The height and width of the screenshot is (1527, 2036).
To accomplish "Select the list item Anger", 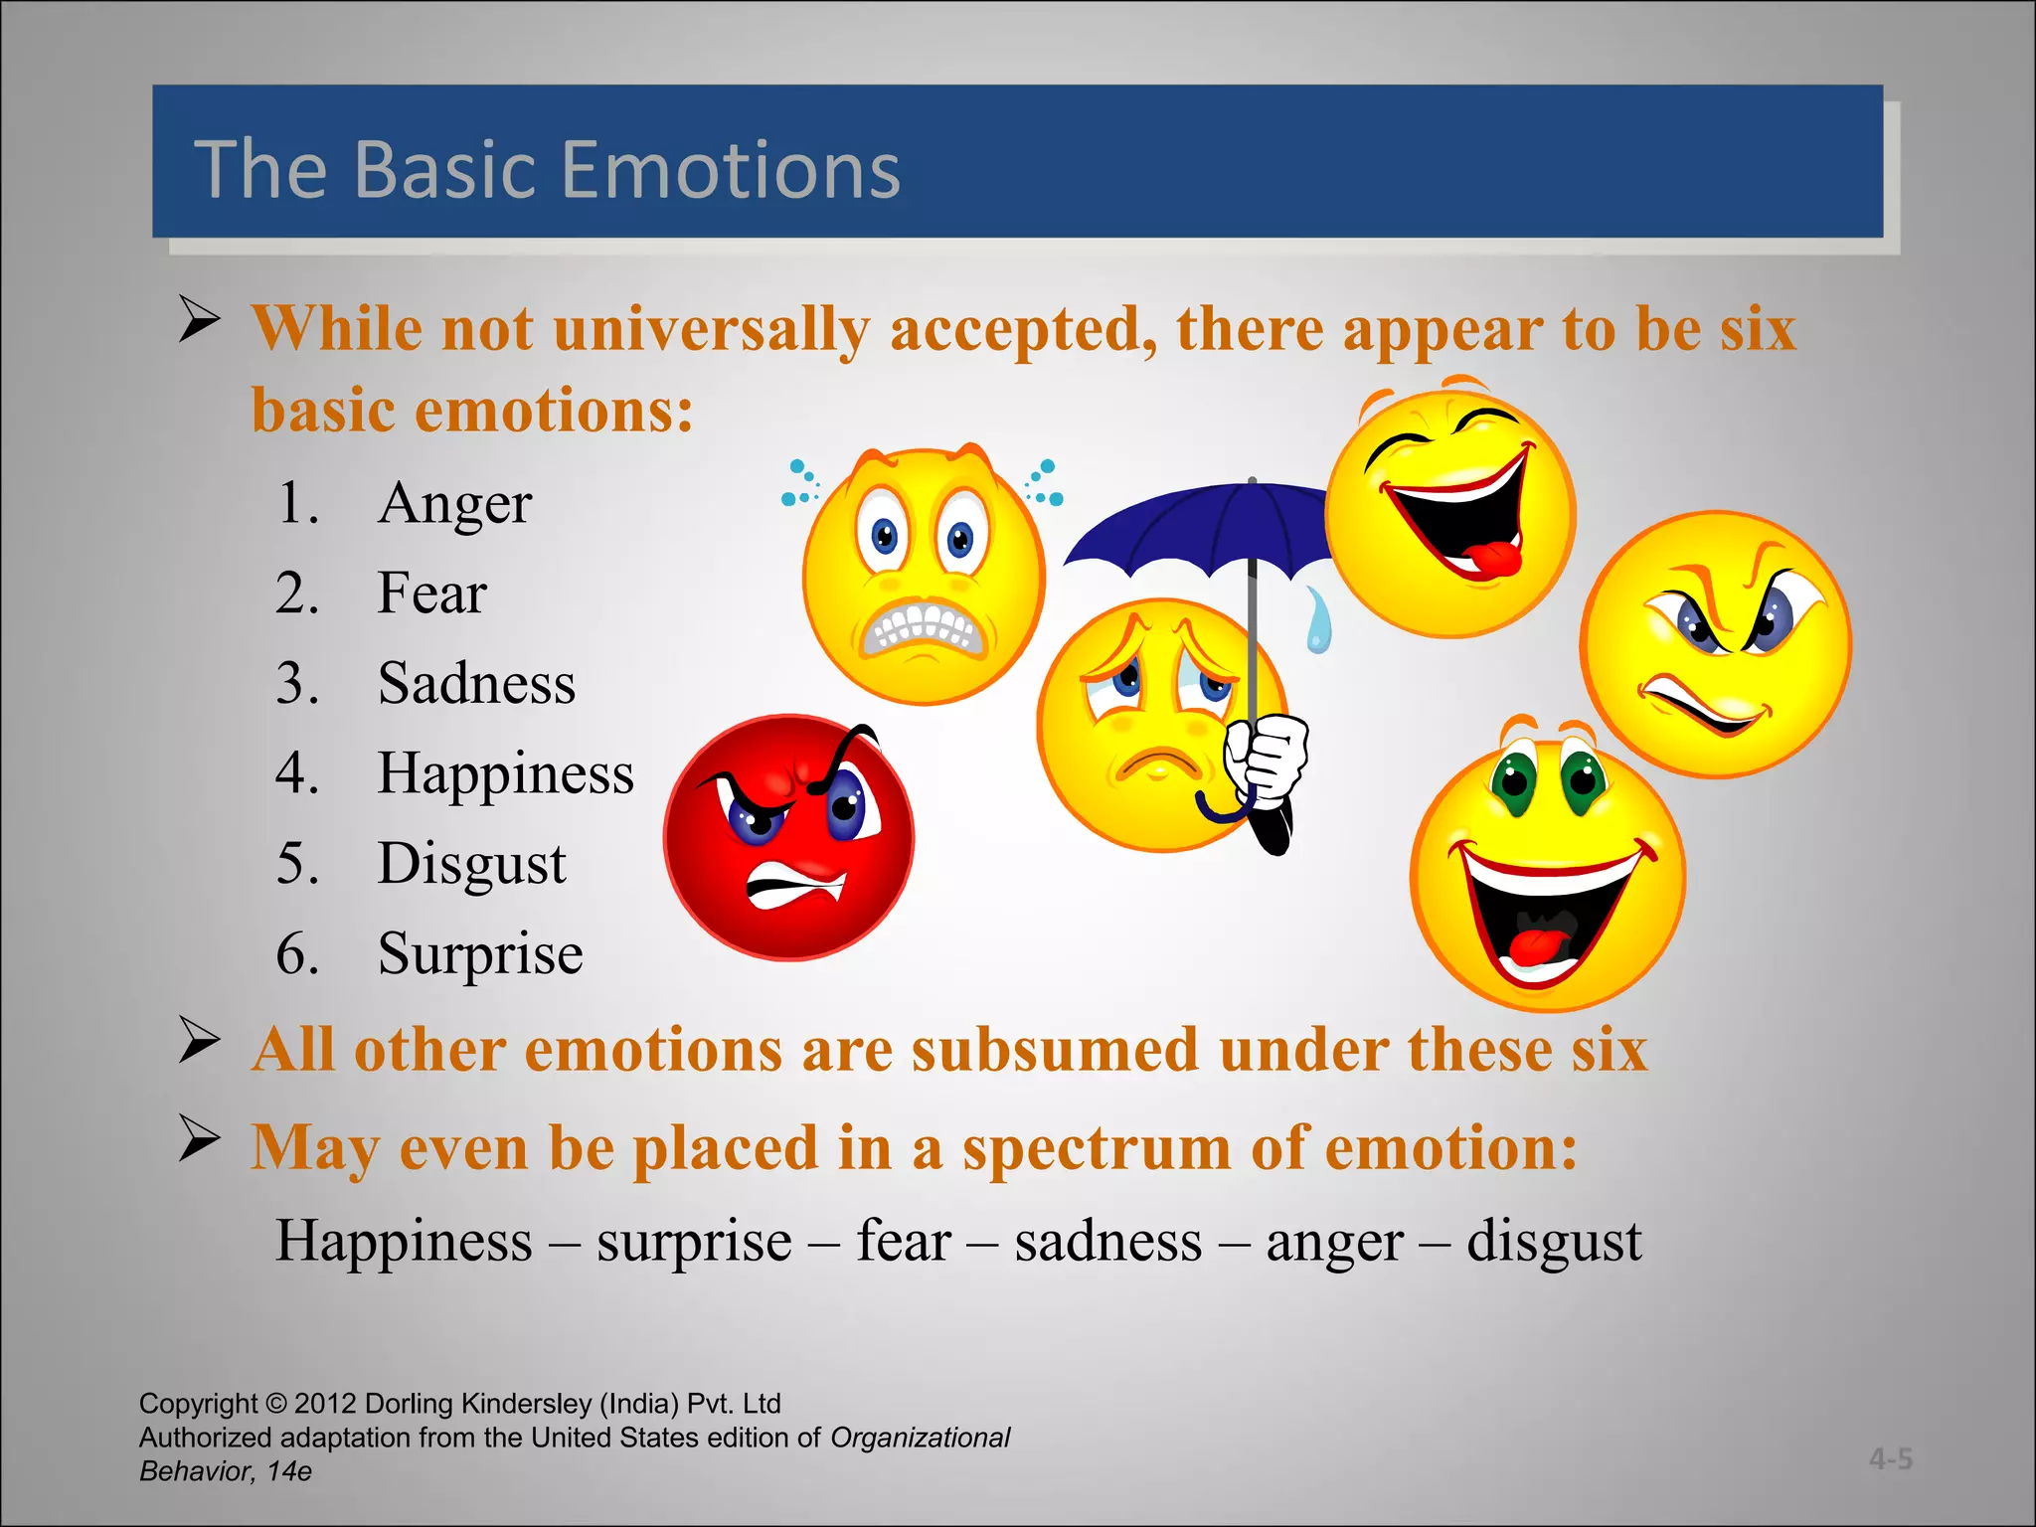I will point(454,503).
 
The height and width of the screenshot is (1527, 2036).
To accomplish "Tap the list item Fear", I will point(431,594).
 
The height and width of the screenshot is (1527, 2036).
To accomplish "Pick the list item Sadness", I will point(476,684).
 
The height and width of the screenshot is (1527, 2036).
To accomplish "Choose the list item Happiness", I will point(505,773).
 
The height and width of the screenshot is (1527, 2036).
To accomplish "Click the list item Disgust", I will point(471,863).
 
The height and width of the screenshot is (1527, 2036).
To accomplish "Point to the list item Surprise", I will point(480,953).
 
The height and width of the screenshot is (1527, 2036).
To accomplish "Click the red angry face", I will point(788,837).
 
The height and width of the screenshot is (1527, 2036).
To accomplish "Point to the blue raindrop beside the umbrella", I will point(1318,621).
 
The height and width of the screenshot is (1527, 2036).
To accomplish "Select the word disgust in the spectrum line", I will point(1554,1241).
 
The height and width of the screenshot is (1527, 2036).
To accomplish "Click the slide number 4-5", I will point(1890,1458).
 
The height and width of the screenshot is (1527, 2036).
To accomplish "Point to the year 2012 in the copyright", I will point(325,1404).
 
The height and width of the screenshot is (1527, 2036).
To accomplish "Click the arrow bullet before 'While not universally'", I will point(200,320).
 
